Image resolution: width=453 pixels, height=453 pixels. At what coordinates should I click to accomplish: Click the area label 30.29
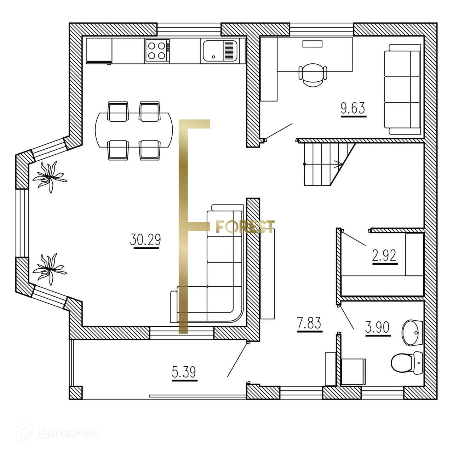point(145,240)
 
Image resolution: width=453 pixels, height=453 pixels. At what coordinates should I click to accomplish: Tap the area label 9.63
point(352,108)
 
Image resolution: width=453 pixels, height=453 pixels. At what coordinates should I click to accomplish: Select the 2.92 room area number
point(384,255)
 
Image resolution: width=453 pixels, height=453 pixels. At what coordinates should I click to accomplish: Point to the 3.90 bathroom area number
point(377,327)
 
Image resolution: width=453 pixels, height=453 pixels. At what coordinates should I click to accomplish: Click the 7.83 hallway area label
point(309,323)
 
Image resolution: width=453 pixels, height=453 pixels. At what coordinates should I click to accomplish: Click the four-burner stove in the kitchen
point(157,51)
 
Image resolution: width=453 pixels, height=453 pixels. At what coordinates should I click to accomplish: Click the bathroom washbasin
point(412,332)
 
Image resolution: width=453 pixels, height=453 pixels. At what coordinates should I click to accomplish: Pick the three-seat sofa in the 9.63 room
point(403,90)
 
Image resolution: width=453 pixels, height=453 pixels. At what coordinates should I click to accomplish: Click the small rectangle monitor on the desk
point(312,44)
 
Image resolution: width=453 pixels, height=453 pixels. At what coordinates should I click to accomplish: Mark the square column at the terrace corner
point(75,392)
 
